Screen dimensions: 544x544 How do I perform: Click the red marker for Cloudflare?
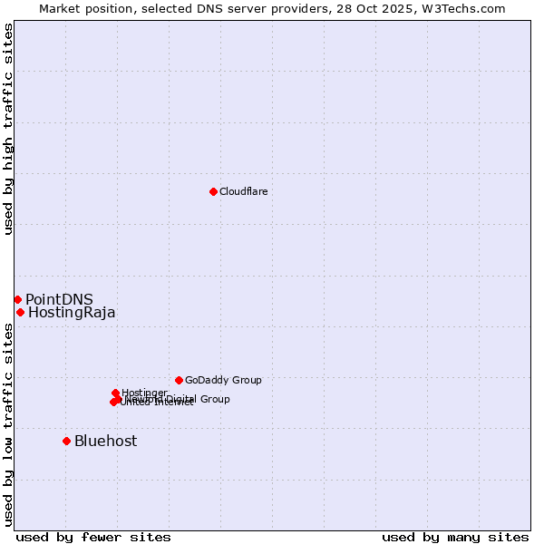coord(213,191)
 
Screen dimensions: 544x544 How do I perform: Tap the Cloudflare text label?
coord(243,191)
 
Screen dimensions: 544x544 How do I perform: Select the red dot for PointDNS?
coord(17,299)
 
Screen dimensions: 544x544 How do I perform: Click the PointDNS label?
coord(59,300)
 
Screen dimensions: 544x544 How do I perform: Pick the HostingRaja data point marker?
coord(20,312)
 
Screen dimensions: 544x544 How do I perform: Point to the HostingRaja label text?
coord(72,313)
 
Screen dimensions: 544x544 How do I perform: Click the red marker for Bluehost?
coord(66,441)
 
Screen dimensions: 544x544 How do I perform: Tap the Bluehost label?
coord(105,441)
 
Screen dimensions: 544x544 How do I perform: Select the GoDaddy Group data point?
coord(179,380)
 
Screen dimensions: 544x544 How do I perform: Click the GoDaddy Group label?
coord(222,380)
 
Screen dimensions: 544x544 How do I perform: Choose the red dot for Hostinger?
coord(115,393)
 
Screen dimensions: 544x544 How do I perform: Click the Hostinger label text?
coord(144,393)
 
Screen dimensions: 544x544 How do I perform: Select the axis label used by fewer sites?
coord(93,537)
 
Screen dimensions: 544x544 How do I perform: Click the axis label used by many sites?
coord(455,537)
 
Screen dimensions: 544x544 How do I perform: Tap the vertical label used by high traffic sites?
coord(9,130)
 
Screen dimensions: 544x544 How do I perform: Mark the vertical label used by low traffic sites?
coord(9,424)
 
